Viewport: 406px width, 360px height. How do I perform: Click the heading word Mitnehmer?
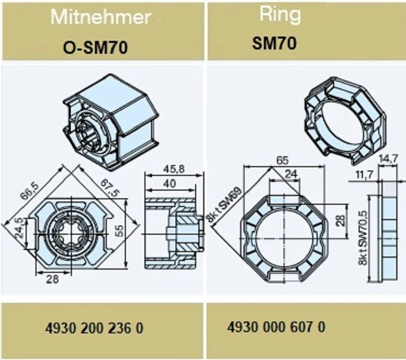tap(101, 17)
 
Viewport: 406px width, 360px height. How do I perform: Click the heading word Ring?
tap(280, 15)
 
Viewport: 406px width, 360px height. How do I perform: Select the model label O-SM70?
tap(95, 47)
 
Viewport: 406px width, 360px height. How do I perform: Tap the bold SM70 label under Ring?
tap(274, 43)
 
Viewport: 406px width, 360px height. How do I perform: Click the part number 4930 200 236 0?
tap(94, 328)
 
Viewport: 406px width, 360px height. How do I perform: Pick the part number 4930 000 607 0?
tap(276, 327)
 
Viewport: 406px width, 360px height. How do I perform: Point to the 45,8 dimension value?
tap(174, 169)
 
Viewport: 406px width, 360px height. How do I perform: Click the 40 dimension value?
tap(170, 184)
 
